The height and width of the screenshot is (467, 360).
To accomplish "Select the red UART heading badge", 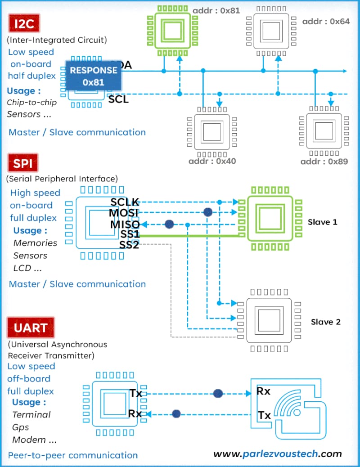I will point(31,328).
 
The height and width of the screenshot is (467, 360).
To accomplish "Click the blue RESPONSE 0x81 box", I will point(94,76).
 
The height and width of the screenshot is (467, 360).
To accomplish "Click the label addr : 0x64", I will point(326,22).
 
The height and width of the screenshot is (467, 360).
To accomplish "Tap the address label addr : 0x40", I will point(212,161).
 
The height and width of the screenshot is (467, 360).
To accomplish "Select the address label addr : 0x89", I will point(324,162).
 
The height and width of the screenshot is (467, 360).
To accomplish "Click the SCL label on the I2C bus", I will point(118,99).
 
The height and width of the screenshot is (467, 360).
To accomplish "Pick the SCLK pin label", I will point(125,202).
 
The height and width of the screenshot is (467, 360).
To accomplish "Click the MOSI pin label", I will point(123,213).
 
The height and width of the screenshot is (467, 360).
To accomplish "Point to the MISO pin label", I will point(124,224).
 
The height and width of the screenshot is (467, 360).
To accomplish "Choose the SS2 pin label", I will point(129,245).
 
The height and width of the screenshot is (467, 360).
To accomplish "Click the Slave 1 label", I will point(322,222).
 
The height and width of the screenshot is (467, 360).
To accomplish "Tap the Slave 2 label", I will point(325,322).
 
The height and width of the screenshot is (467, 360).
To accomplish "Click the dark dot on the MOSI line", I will point(207,212).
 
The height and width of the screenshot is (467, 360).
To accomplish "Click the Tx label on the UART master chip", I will point(135,393).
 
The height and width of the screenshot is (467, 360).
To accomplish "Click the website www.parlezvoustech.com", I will point(278,454).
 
